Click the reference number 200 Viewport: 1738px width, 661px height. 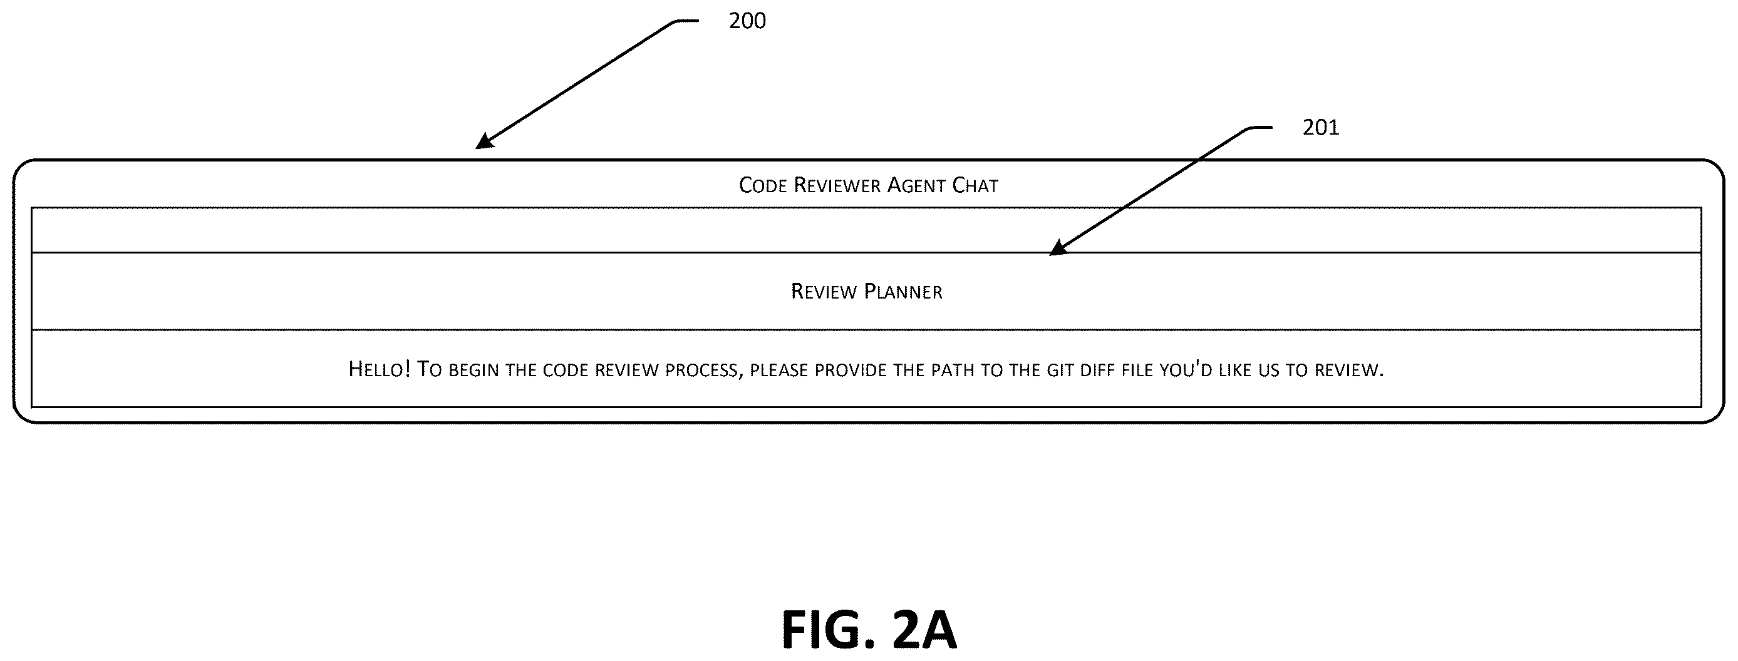pos(747,21)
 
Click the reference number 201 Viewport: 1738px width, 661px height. pos(1320,128)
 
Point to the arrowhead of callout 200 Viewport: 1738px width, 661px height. pos(484,141)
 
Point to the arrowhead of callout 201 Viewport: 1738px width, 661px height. pos(1058,249)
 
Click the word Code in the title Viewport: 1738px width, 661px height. pos(763,185)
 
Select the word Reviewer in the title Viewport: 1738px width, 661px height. pos(837,185)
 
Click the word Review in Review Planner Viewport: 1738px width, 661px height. pos(824,292)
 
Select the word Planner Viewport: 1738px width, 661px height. pos(903,292)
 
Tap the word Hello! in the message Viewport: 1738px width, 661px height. pos(379,369)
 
